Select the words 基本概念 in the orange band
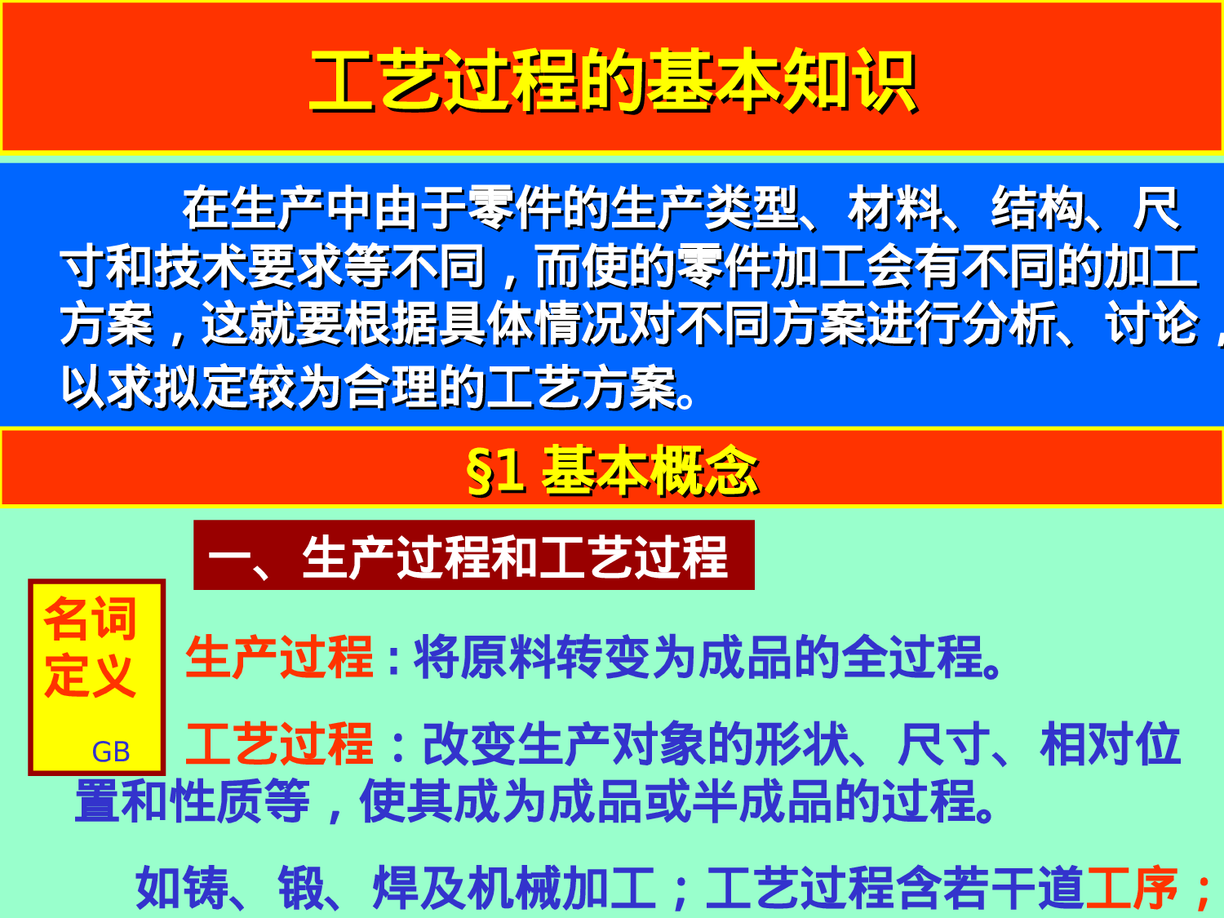(x=650, y=472)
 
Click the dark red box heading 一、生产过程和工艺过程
(x=473, y=557)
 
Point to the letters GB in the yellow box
(x=110, y=752)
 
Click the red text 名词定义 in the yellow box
(x=90, y=646)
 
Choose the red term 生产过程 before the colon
(x=279, y=658)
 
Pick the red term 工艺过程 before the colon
(x=279, y=744)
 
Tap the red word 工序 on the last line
(x=1131, y=888)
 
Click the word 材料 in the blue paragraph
(x=896, y=209)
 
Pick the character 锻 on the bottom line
(x=302, y=888)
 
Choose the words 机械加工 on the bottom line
(x=561, y=888)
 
